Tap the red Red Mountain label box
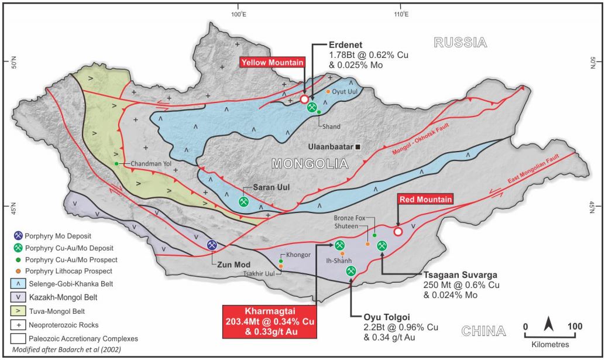(425, 199)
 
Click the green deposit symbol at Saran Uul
(244, 201)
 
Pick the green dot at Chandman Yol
(117, 163)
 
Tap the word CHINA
(483, 332)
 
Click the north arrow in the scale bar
(549, 323)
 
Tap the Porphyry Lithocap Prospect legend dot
(19, 271)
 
